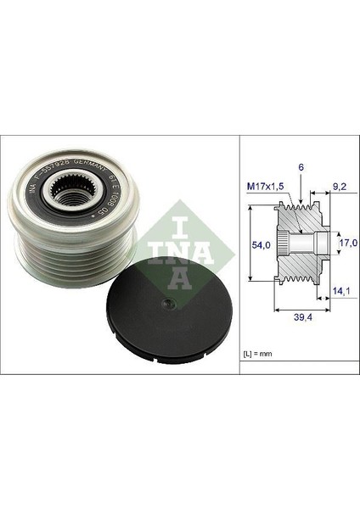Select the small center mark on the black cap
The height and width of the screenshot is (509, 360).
click(x=167, y=299)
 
